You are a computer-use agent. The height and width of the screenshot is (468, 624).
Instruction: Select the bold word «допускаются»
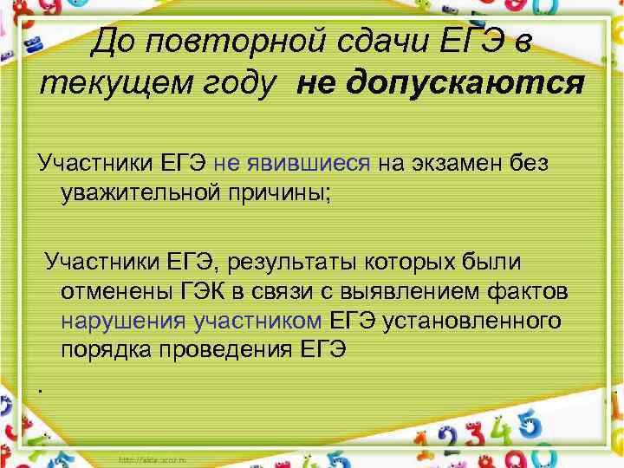[x=441, y=84]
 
